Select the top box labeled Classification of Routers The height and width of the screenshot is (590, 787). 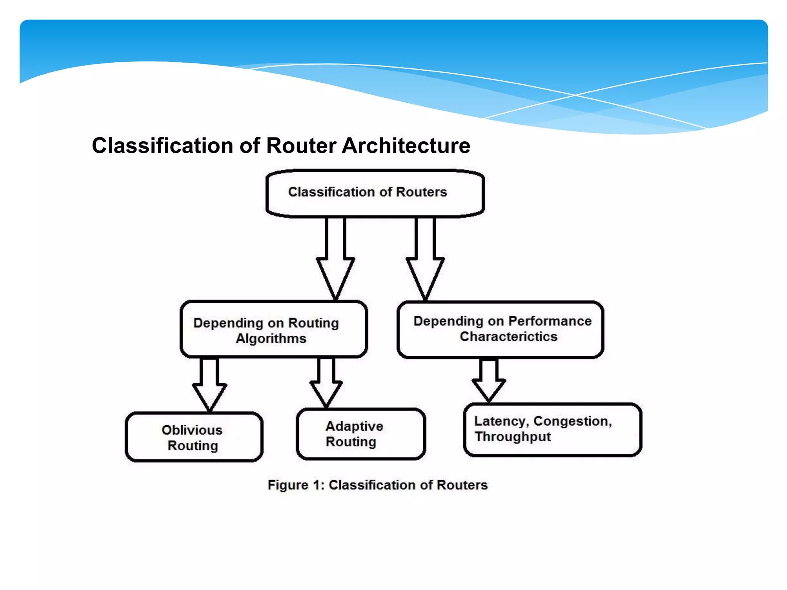375,193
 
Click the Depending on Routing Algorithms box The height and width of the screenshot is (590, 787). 274,330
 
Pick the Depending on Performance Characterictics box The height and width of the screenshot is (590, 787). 500,330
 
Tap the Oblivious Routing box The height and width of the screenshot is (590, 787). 194,437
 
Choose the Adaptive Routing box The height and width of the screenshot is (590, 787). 360,434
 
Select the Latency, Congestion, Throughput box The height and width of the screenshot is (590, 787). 552,429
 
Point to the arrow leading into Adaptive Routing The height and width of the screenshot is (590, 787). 326,384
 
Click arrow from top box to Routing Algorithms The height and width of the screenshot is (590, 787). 335,261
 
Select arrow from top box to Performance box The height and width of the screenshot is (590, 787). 425,261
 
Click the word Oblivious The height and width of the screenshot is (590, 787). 192,430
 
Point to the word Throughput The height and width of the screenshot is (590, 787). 513,437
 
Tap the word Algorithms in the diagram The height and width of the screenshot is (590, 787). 271,338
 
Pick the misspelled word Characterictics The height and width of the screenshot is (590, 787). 508,336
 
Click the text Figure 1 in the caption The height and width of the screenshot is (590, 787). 296,485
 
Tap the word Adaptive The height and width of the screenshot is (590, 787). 354,426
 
